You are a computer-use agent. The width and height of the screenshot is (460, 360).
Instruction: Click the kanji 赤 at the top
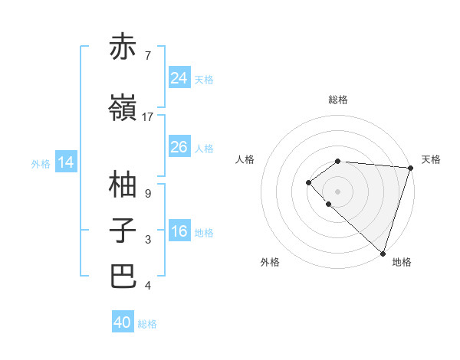point(123,47)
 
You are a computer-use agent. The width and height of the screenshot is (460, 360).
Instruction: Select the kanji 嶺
point(123,107)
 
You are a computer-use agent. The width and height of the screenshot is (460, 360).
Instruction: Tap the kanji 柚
point(123,184)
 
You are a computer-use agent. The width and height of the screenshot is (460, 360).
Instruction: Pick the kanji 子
point(123,231)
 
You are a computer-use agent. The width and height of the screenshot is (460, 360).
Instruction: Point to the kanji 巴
point(123,276)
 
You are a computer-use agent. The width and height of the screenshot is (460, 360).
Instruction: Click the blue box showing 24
point(179,79)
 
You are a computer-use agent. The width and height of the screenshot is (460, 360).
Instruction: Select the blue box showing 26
point(179,147)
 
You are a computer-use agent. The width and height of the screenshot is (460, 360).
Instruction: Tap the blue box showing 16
point(179,232)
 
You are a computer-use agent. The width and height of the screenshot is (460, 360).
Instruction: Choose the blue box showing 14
point(65,162)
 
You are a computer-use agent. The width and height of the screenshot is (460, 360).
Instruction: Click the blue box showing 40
point(123,322)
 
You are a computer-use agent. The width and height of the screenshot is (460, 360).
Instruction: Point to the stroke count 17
point(148,116)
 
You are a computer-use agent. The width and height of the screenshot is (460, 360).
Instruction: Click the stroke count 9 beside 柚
point(147,193)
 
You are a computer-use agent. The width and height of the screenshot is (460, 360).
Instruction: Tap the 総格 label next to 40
point(147,323)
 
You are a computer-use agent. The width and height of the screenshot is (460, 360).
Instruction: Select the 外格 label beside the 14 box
point(41,163)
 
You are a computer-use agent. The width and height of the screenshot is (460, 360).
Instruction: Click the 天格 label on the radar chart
point(431,159)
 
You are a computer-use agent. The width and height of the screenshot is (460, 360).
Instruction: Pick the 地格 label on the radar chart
point(402,262)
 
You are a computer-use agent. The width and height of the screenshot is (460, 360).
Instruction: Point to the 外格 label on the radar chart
point(270,262)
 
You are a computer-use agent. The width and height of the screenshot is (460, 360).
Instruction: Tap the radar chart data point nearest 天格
point(411,168)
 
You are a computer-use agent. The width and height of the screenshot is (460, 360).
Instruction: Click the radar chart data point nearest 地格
point(383,253)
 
